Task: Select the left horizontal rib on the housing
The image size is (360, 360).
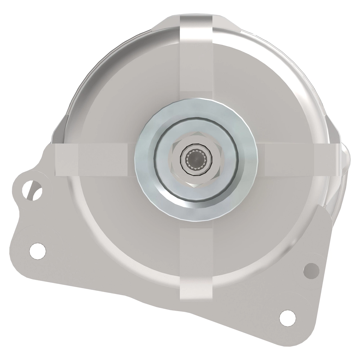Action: tap(96, 159)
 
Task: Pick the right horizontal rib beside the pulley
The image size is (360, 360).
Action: tap(288, 159)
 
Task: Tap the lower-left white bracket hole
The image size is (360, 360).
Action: tap(38, 250)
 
